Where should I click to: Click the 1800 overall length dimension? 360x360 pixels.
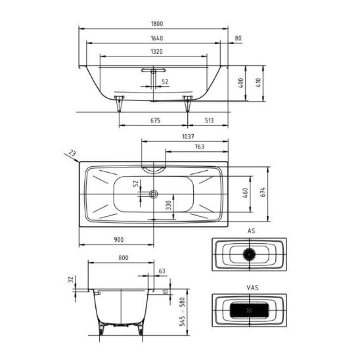click(x=157, y=24)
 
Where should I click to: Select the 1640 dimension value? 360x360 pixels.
click(x=157, y=38)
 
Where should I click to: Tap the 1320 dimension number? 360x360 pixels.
click(x=156, y=51)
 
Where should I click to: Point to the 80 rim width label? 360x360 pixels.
click(x=238, y=38)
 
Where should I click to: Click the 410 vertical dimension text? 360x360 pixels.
click(x=258, y=82)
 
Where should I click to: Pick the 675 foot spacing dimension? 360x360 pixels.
click(x=155, y=120)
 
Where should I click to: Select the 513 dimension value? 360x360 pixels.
click(x=209, y=120)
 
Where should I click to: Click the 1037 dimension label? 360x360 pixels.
click(x=188, y=137)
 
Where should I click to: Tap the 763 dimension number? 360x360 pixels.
click(x=199, y=146)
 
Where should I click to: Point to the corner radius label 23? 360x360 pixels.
click(x=72, y=153)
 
